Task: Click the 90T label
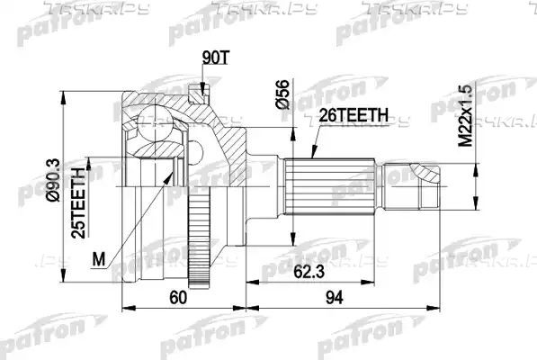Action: coord(215,58)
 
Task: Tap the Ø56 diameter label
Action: coord(282,94)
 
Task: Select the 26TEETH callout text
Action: coord(354,115)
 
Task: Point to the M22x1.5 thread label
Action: coord(465,116)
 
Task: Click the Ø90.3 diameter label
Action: coord(53,180)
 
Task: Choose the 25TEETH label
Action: coord(78,202)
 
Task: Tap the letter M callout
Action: coord(99,259)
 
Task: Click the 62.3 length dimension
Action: coord(309,273)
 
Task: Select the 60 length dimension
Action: coord(178,297)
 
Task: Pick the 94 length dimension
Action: coord(335,297)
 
